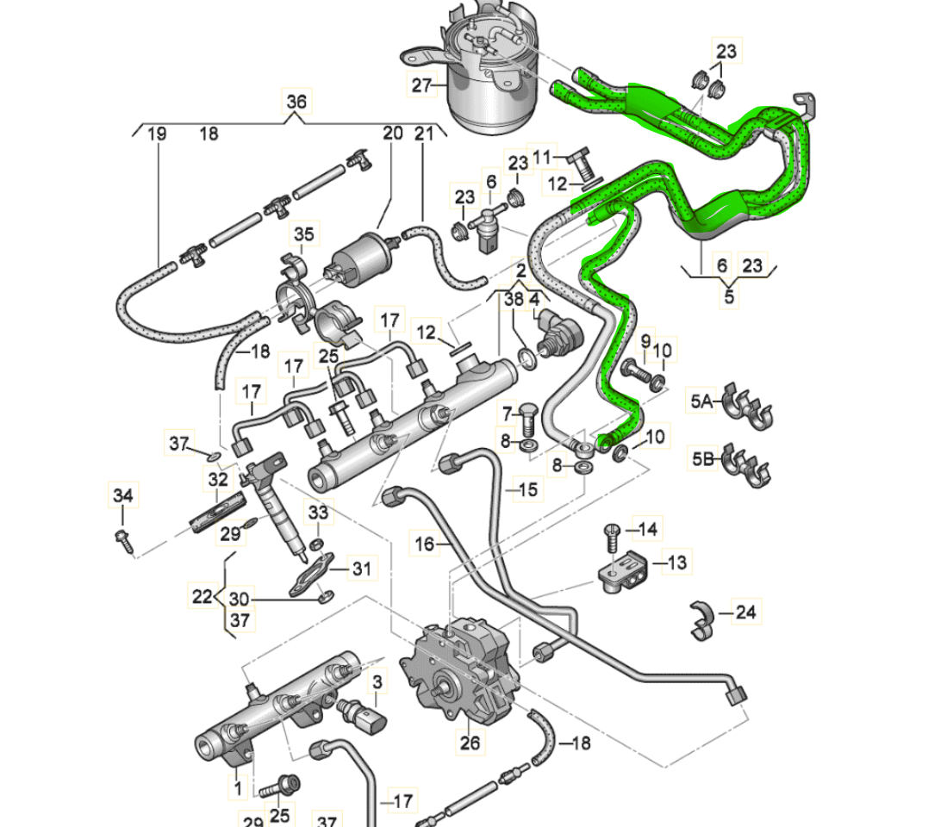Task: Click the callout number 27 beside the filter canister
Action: (x=421, y=85)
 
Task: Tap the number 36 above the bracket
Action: (x=296, y=102)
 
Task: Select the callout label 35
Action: (x=304, y=233)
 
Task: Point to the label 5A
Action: (x=701, y=401)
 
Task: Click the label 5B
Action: (x=703, y=459)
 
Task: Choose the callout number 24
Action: (x=745, y=612)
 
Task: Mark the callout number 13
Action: (x=677, y=563)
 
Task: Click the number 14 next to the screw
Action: (x=647, y=530)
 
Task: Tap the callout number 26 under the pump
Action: (x=470, y=743)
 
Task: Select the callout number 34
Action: (x=122, y=495)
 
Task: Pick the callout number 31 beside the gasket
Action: (x=361, y=568)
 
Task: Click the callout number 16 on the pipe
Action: (x=425, y=544)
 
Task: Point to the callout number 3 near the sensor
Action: (x=377, y=682)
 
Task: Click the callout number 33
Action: (x=318, y=513)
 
